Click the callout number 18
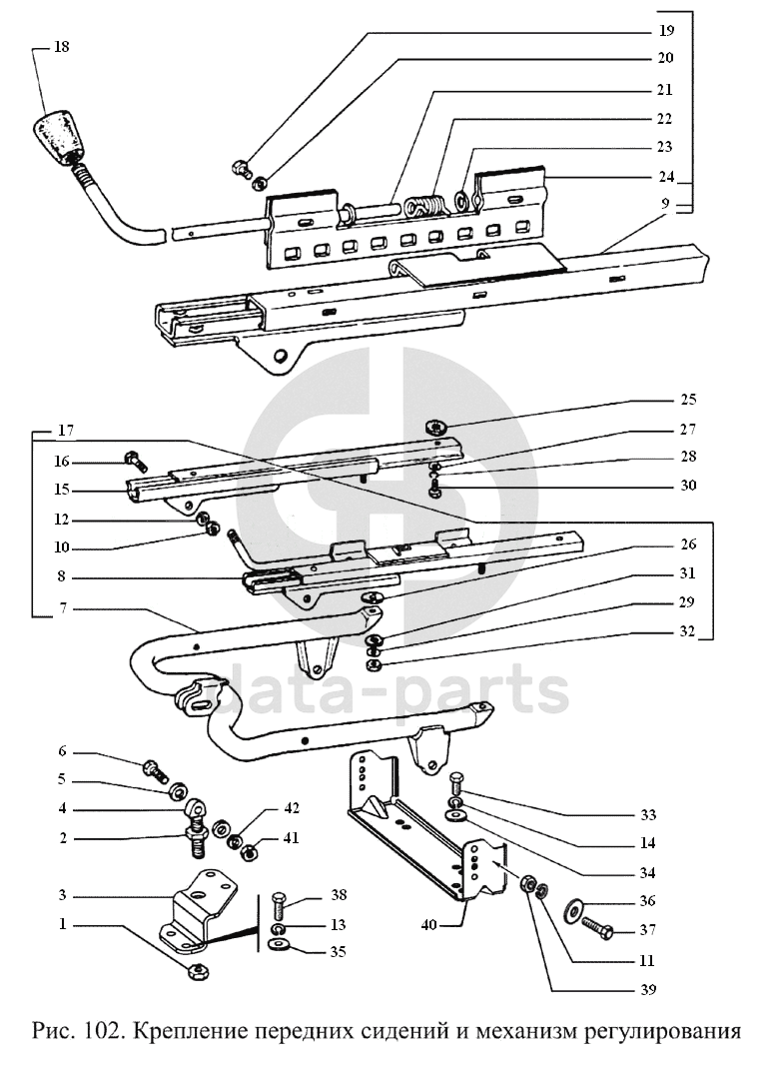(x=61, y=47)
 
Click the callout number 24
(x=666, y=177)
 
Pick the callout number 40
(x=428, y=925)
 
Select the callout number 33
(x=648, y=815)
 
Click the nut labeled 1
(x=199, y=972)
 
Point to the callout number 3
(x=62, y=895)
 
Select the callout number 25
(x=687, y=399)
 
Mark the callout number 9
(x=665, y=204)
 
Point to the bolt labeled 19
(x=241, y=167)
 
